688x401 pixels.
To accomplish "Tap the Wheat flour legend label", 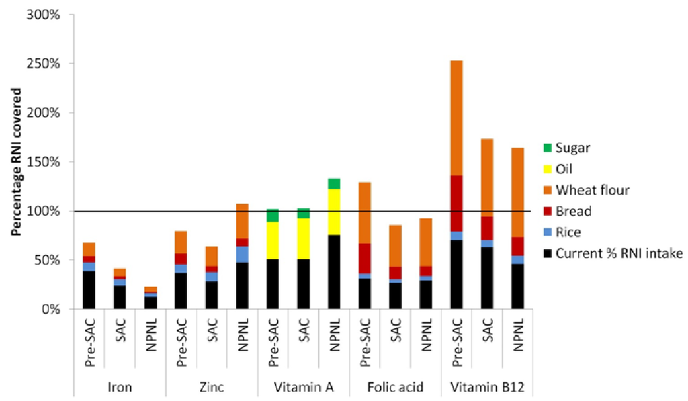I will (x=596, y=191).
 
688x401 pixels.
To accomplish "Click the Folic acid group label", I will (x=394, y=388).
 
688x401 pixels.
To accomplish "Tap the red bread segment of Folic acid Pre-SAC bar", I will (x=363, y=258).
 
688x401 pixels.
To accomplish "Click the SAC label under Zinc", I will (x=210, y=336).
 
